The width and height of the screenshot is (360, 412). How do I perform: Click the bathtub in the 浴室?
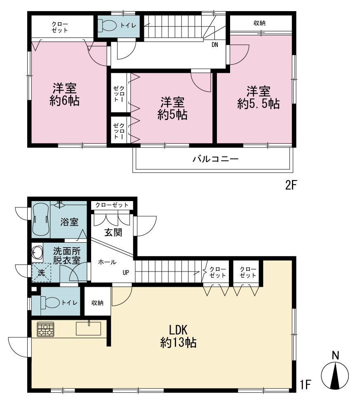[41, 220]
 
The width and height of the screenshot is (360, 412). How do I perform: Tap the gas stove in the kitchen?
[45, 329]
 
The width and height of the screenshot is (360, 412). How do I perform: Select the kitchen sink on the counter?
[88, 328]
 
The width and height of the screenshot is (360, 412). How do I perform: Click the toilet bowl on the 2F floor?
[108, 26]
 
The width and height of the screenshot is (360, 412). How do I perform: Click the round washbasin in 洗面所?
[37, 253]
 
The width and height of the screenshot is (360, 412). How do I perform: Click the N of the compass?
[335, 356]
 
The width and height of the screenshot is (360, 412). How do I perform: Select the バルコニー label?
[216, 159]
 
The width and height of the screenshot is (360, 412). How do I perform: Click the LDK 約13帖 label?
[179, 336]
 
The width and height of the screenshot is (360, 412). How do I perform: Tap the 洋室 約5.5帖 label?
[259, 98]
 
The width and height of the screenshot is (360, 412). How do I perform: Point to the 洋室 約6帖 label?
[64, 95]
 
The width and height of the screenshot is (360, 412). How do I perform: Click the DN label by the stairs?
[215, 44]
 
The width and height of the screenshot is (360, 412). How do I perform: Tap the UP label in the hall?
[126, 272]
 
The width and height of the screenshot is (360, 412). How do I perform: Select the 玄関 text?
[113, 232]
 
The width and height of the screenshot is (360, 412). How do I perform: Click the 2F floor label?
[291, 185]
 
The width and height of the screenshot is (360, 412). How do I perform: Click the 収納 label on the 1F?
[97, 303]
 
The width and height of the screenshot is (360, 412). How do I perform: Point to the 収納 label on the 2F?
[259, 23]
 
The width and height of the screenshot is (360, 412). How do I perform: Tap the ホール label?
[107, 262]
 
